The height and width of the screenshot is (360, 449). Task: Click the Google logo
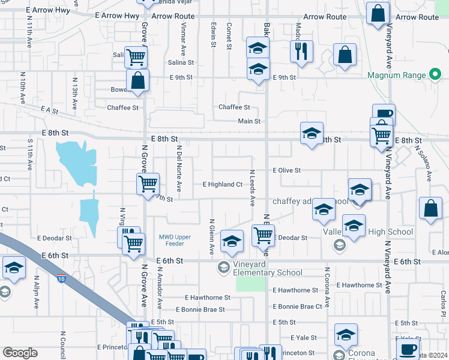coord(20,353)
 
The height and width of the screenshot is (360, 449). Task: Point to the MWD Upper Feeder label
coord(175,241)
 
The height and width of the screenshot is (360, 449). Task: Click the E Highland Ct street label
coord(222,184)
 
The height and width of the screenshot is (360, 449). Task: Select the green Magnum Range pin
coord(436,75)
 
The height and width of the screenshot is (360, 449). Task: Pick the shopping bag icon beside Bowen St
coord(137,80)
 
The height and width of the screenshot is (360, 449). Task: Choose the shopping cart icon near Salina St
coord(136,57)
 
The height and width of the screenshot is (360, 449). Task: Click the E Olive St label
coord(286,170)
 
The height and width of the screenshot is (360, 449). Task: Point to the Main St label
coord(249,121)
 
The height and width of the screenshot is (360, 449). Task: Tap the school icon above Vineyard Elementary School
coord(232,241)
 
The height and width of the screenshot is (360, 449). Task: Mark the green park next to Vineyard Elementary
coord(250,284)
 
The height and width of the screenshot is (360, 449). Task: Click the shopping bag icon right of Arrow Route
coord(378,14)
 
